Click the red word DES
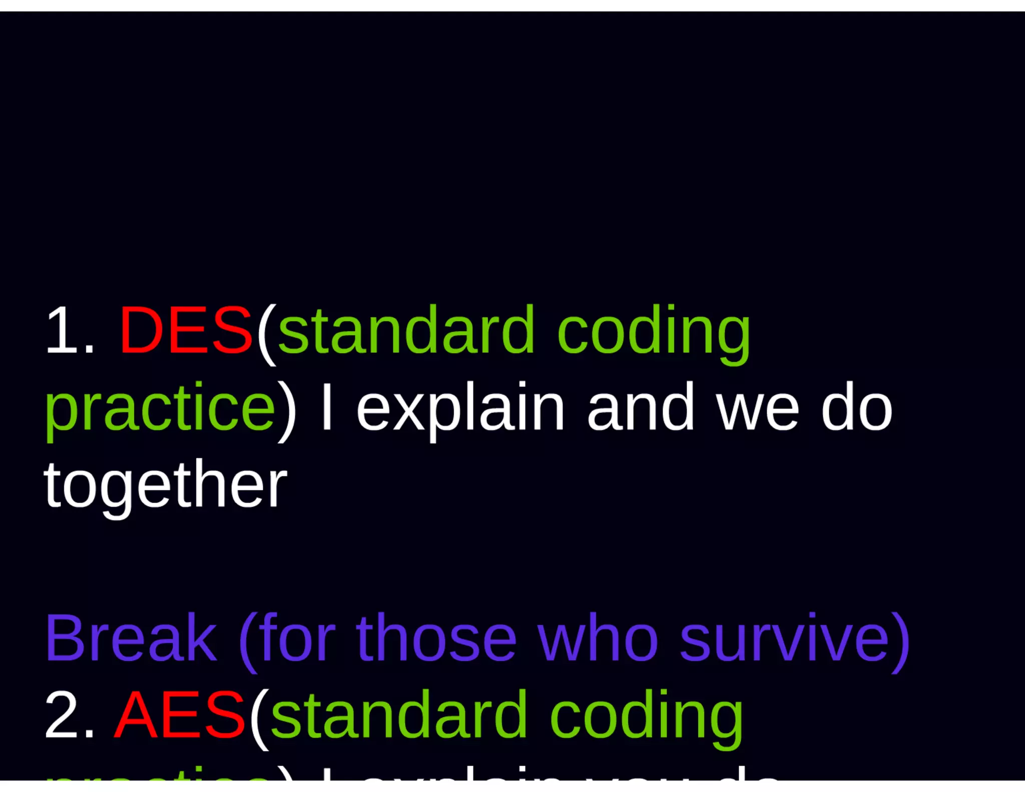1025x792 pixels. tap(186, 331)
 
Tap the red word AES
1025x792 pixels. tap(180, 715)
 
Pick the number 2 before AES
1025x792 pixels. tap(63, 715)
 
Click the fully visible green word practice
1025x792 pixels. tap(160, 408)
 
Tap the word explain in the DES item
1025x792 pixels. tap(460, 408)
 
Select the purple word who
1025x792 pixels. tap(598, 638)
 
